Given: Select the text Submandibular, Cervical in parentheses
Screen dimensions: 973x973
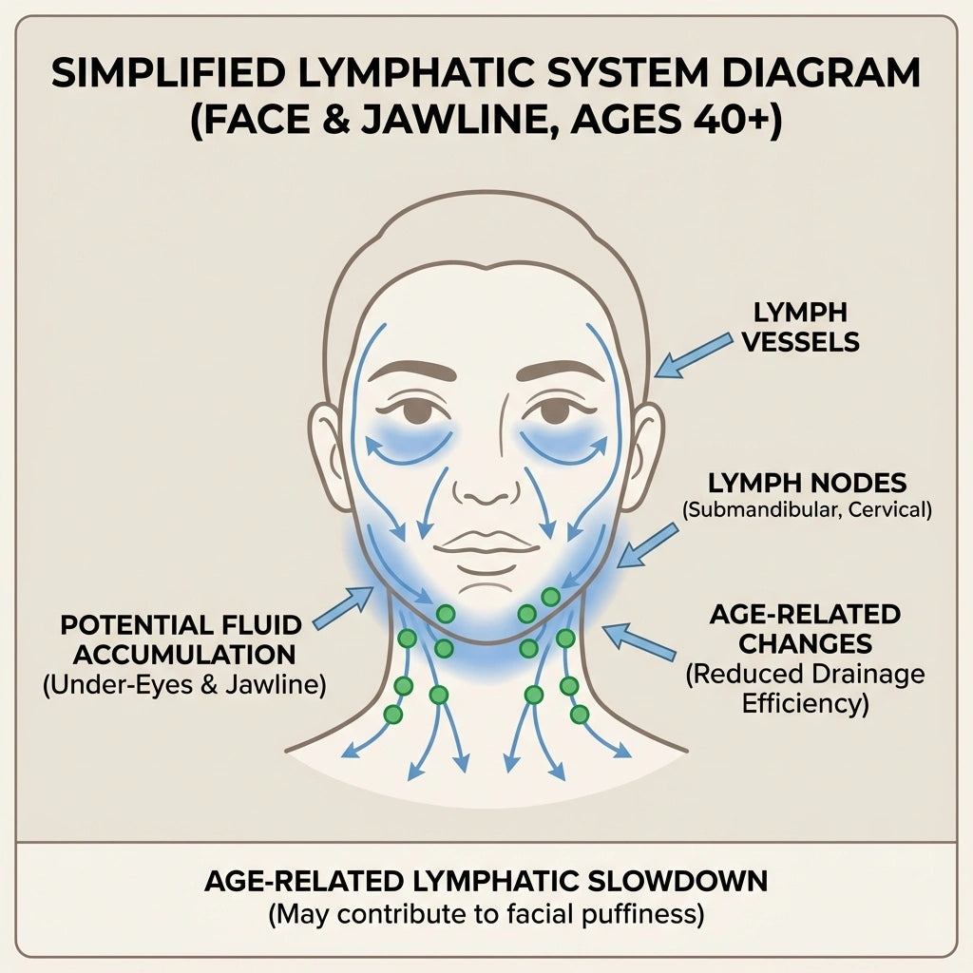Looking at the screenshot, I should (807, 510).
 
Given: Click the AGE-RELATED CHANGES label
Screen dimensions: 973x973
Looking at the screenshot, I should (805, 628).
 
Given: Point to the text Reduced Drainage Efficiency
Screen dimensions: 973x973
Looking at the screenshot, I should (805, 689).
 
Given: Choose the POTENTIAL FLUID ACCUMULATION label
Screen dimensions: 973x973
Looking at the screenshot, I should (180, 639).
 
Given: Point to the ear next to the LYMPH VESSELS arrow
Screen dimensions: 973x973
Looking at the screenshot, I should (644, 447).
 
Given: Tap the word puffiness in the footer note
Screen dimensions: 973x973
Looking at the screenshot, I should (638, 915).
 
